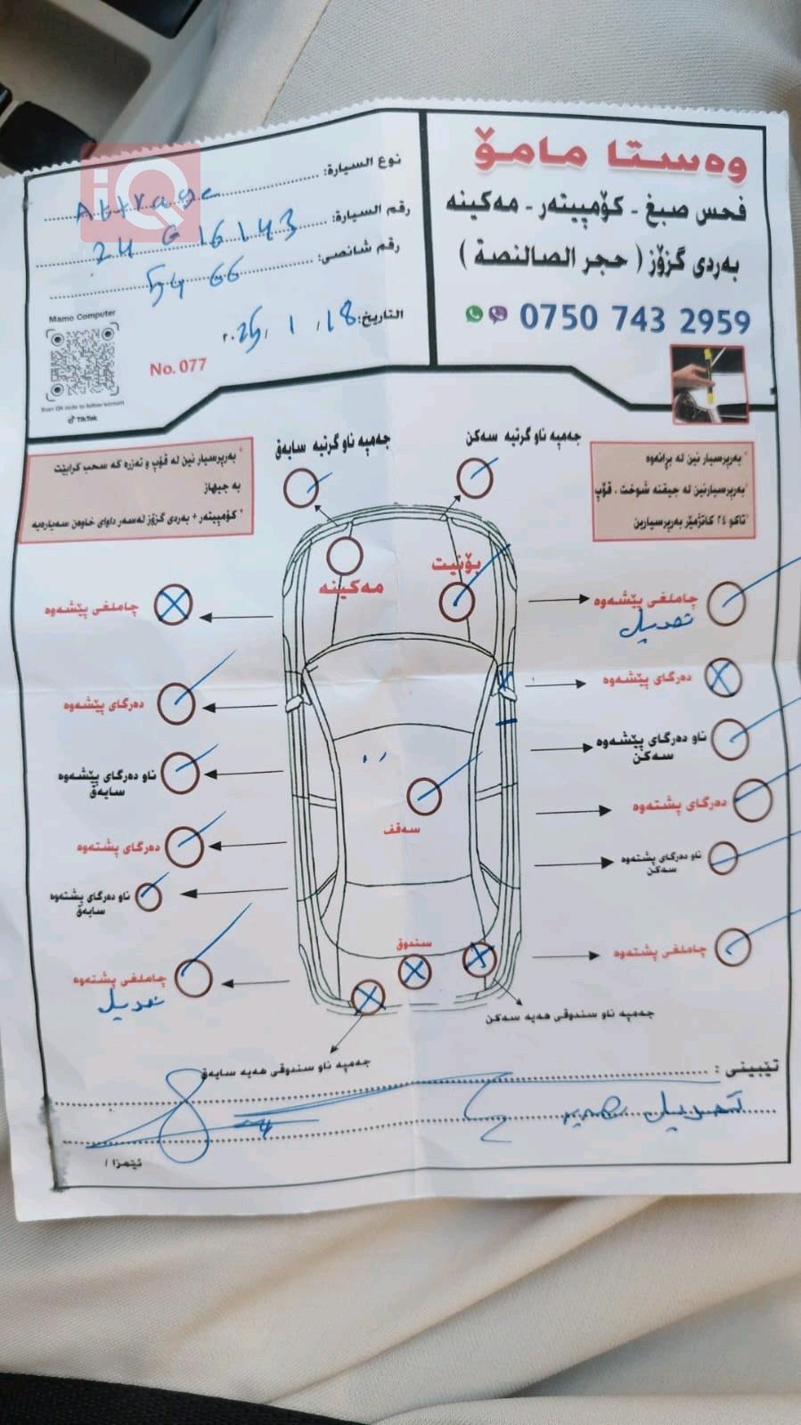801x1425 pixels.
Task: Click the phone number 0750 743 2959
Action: pos(633,317)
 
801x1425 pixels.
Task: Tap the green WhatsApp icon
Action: pos(474,314)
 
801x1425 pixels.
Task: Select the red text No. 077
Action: pos(177,366)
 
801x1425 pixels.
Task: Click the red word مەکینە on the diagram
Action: pos(352,587)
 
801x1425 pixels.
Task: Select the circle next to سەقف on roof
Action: pos(424,794)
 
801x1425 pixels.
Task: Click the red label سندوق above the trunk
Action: pos(413,942)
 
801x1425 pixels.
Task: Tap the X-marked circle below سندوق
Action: pos(413,971)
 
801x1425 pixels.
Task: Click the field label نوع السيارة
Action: pos(363,165)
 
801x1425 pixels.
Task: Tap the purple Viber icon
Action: pos(498,314)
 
